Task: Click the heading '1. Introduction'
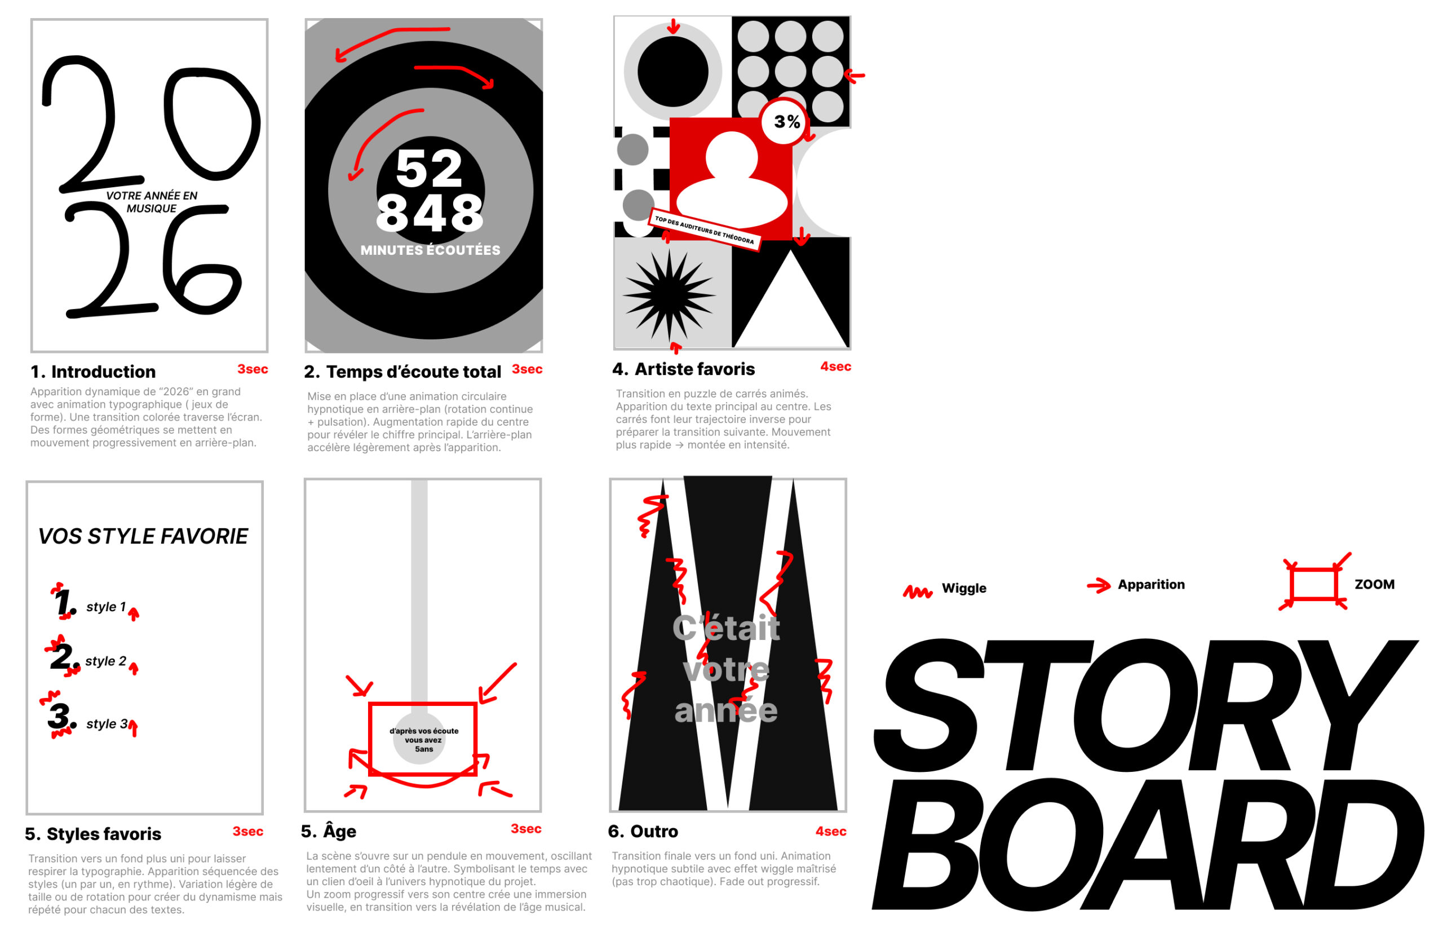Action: point(93,372)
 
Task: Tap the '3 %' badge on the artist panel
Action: point(786,122)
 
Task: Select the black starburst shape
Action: point(669,295)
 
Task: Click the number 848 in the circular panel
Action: point(429,213)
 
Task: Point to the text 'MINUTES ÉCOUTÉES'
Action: point(430,250)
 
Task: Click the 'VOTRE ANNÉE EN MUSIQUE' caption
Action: point(151,201)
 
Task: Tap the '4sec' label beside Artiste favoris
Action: point(835,366)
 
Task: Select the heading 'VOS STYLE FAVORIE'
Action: point(143,536)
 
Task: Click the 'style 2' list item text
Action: point(105,661)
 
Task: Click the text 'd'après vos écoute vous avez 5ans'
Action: point(423,740)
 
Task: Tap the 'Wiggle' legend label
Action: point(963,588)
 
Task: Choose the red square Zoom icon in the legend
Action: point(1312,584)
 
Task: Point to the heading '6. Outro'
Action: point(643,832)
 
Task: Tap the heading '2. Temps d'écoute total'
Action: point(402,372)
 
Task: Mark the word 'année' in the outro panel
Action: point(725,710)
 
